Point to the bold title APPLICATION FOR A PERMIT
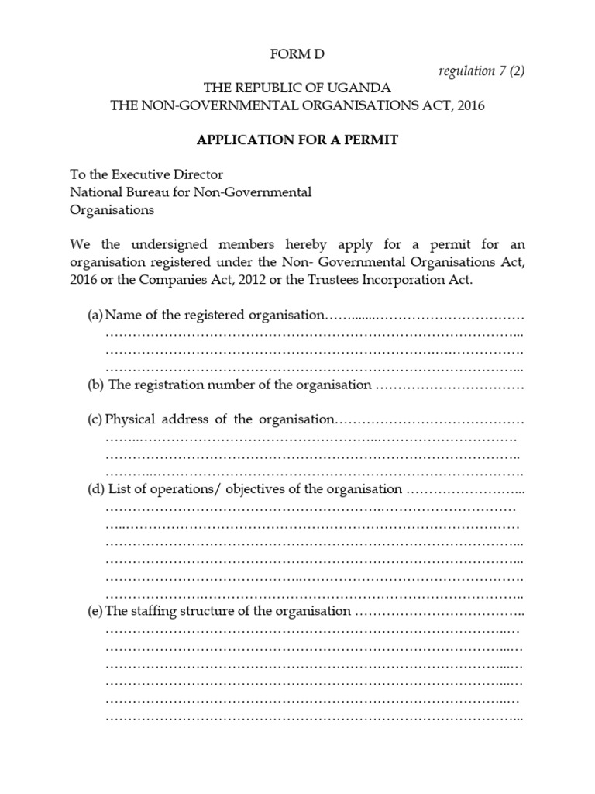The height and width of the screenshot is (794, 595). click(x=297, y=140)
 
